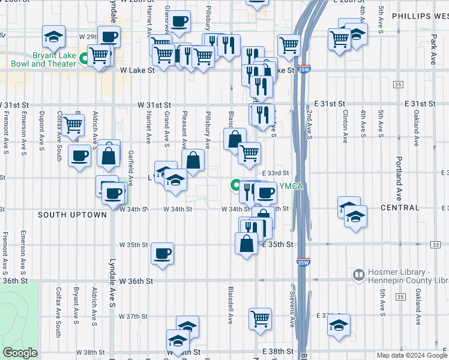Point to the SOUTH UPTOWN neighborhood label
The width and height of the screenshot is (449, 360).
click(x=72, y=214)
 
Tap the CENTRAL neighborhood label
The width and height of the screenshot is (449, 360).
click(x=400, y=208)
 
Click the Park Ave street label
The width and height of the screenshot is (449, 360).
click(x=433, y=50)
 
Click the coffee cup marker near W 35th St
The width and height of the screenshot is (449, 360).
click(x=162, y=253)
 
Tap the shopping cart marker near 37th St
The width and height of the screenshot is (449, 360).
click(x=260, y=318)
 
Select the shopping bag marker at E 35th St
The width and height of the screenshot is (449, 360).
click(x=247, y=244)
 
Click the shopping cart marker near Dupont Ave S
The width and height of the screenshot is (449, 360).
click(x=73, y=126)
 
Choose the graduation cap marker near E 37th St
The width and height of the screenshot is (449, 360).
click(x=339, y=326)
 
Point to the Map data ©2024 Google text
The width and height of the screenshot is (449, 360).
click(x=411, y=355)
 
